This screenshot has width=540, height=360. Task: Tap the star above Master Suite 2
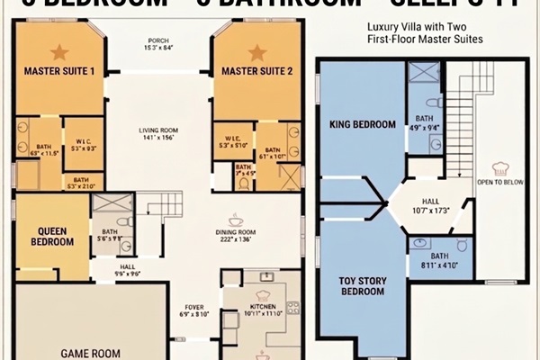257,52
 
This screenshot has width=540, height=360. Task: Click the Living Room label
158,130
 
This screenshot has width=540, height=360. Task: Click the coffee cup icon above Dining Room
237,219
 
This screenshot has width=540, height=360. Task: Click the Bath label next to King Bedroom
423,119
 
